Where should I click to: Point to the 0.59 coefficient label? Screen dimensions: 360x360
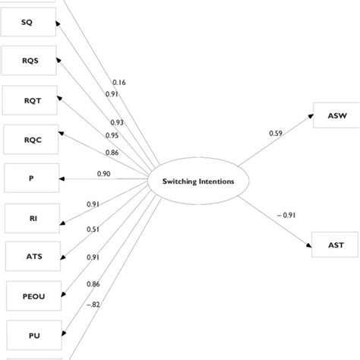click(x=276, y=134)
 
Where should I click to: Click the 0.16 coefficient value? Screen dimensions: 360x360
click(x=120, y=81)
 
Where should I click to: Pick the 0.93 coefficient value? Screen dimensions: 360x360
click(x=117, y=122)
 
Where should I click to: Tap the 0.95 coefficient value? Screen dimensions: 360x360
click(x=112, y=135)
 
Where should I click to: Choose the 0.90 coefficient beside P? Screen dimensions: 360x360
click(x=105, y=174)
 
